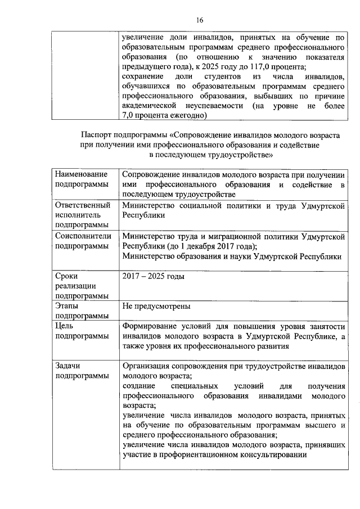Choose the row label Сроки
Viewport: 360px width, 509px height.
67,276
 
